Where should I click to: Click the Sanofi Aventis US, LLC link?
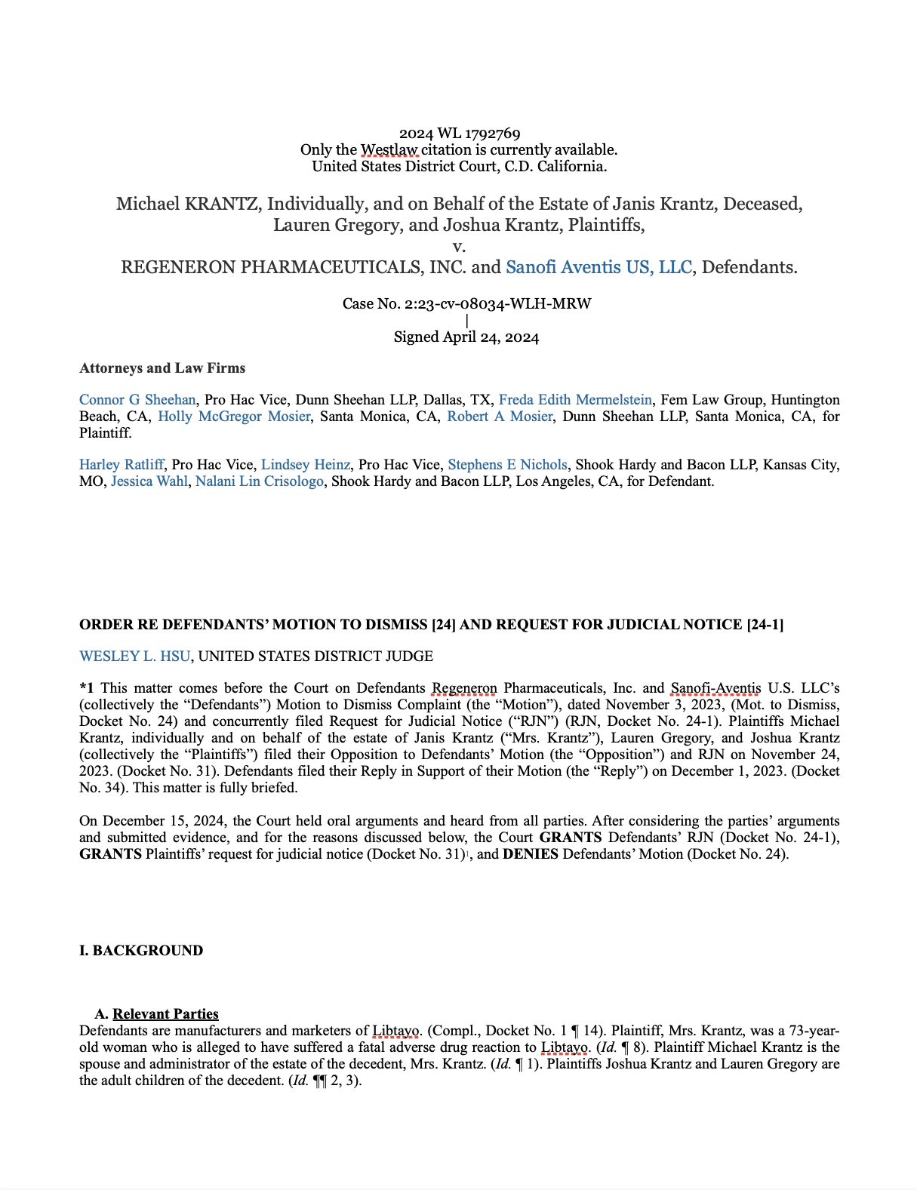point(599,267)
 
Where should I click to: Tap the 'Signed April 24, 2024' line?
point(466,337)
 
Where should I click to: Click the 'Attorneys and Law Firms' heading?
point(162,368)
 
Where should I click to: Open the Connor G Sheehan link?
point(137,400)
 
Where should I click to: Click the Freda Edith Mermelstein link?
point(576,400)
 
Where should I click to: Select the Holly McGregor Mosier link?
point(234,417)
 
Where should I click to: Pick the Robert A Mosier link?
point(500,417)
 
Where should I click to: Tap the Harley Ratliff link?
point(121,465)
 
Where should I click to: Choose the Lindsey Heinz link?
point(306,465)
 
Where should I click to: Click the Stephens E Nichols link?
point(507,465)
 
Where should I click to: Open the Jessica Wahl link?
point(149,481)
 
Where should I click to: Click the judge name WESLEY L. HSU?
point(134,656)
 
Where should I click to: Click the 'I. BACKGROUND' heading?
point(141,951)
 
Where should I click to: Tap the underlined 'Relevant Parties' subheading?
point(165,1014)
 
